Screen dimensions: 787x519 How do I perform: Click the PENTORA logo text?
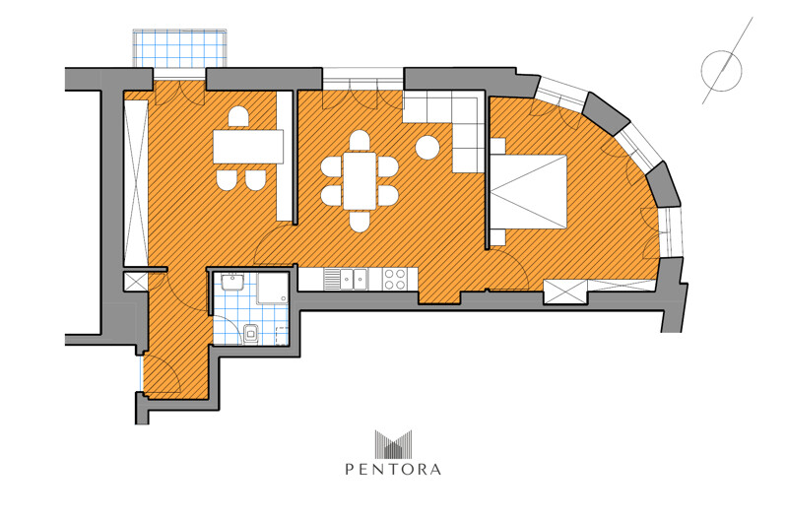[393, 470]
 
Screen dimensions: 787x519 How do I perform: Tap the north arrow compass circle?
[721, 71]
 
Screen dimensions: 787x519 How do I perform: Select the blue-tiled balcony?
[179, 48]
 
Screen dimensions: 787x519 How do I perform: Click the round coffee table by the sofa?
[427, 148]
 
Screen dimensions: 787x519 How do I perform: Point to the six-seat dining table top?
[360, 180]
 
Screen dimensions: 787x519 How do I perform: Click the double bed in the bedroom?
[528, 192]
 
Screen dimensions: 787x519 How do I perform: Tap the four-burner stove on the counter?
[395, 279]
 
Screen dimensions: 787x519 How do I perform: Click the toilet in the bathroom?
[250, 334]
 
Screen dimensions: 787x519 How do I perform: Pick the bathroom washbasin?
[232, 282]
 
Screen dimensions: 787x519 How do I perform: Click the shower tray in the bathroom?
[273, 289]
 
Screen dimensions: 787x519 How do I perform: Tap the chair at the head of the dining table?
[360, 141]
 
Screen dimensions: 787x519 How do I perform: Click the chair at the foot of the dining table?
[360, 222]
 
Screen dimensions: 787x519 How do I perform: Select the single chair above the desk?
[238, 117]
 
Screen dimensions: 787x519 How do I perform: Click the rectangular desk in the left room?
[248, 146]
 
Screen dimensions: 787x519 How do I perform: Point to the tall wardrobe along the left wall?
[136, 183]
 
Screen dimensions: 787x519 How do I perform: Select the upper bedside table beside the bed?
[497, 146]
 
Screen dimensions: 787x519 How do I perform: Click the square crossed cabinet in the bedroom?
[565, 292]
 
